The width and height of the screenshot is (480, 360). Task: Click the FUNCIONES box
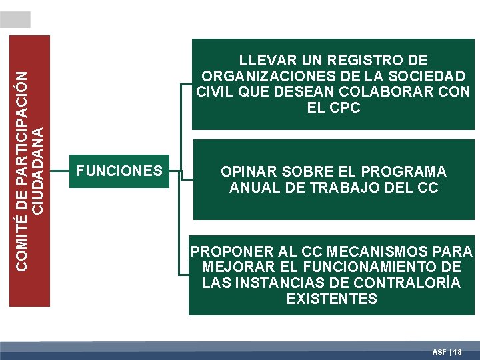tap(119, 171)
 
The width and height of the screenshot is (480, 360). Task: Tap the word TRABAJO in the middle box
tap(352, 188)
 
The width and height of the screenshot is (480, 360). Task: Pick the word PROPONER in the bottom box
tap(233, 252)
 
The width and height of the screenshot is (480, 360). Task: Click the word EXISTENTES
tap(331, 299)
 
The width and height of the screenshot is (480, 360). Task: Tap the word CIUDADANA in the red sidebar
tap(39, 169)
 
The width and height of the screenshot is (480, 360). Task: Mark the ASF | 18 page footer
tap(447, 351)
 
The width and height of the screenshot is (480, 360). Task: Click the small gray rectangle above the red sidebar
tap(15, 19)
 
